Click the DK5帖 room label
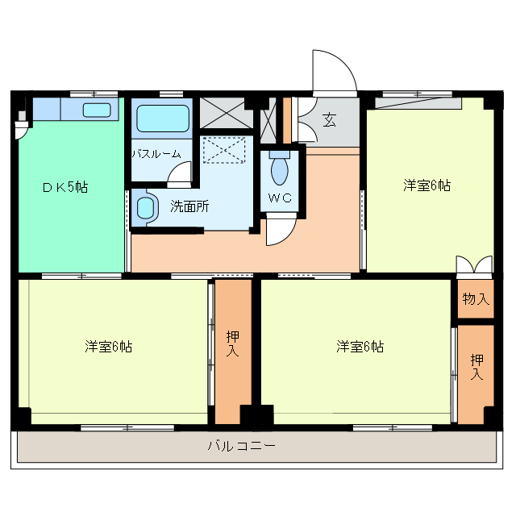65,187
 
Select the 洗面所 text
189,206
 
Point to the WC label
279,198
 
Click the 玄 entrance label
330,120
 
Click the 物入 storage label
476,299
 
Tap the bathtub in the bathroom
162,119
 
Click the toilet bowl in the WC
279,170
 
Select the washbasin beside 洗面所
145,207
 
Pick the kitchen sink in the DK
98,110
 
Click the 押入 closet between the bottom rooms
233,350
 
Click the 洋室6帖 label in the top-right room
427,185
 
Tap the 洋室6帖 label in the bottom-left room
109,347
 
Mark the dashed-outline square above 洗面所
222,150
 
